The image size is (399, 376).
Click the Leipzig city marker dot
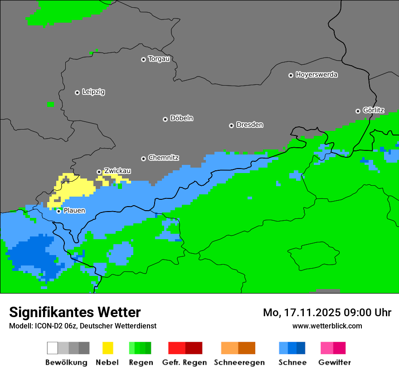77,92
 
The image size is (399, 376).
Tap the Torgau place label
159,59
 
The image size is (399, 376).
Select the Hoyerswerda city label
316,75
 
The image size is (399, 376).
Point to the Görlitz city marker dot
358,111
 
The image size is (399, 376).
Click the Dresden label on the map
249,125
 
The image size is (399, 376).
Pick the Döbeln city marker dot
165,119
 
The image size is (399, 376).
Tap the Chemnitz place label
163,158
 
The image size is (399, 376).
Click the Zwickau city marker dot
99,172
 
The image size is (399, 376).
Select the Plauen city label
74,211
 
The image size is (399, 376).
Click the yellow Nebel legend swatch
107,348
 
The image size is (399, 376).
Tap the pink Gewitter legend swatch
327,348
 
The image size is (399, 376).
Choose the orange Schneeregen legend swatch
230,348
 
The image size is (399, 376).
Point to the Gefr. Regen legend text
184,362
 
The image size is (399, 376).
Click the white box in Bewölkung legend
53,348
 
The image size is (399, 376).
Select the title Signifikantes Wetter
75,312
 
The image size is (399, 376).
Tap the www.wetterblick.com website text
327,326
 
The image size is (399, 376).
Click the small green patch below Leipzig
50,105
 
